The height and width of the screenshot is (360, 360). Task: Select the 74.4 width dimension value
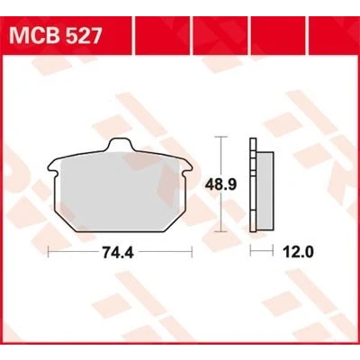(118, 253)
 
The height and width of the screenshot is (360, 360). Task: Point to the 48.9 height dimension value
(220, 184)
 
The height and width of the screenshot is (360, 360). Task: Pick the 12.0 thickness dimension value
(298, 253)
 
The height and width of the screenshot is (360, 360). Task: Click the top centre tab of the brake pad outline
(120, 144)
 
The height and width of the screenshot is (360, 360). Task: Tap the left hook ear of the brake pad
(51, 168)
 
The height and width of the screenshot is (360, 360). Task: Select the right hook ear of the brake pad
(188, 168)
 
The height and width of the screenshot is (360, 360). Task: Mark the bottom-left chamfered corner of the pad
(65, 220)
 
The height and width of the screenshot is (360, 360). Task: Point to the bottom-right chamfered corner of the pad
(175, 220)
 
